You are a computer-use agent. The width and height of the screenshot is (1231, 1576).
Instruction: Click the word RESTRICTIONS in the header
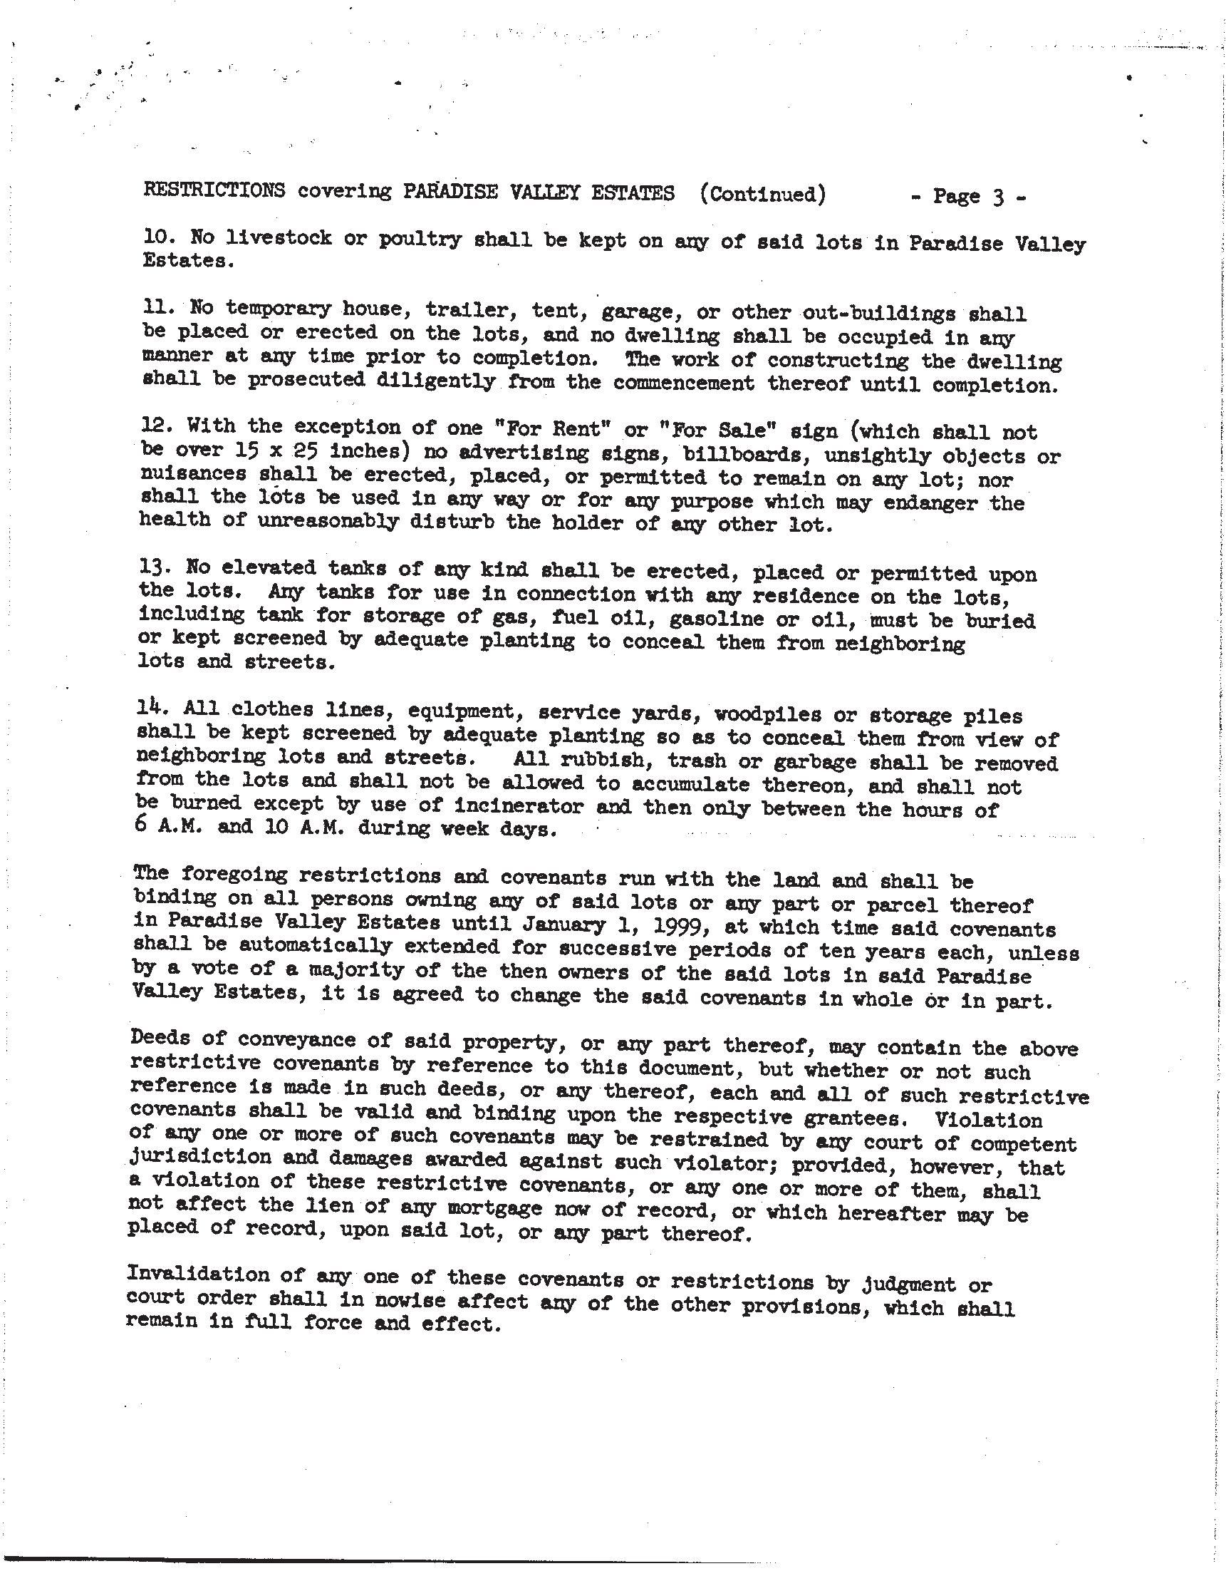pyautogui.click(x=214, y=190)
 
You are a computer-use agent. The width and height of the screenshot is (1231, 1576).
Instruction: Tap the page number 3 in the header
pyautogui.click(x=998, y=196)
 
